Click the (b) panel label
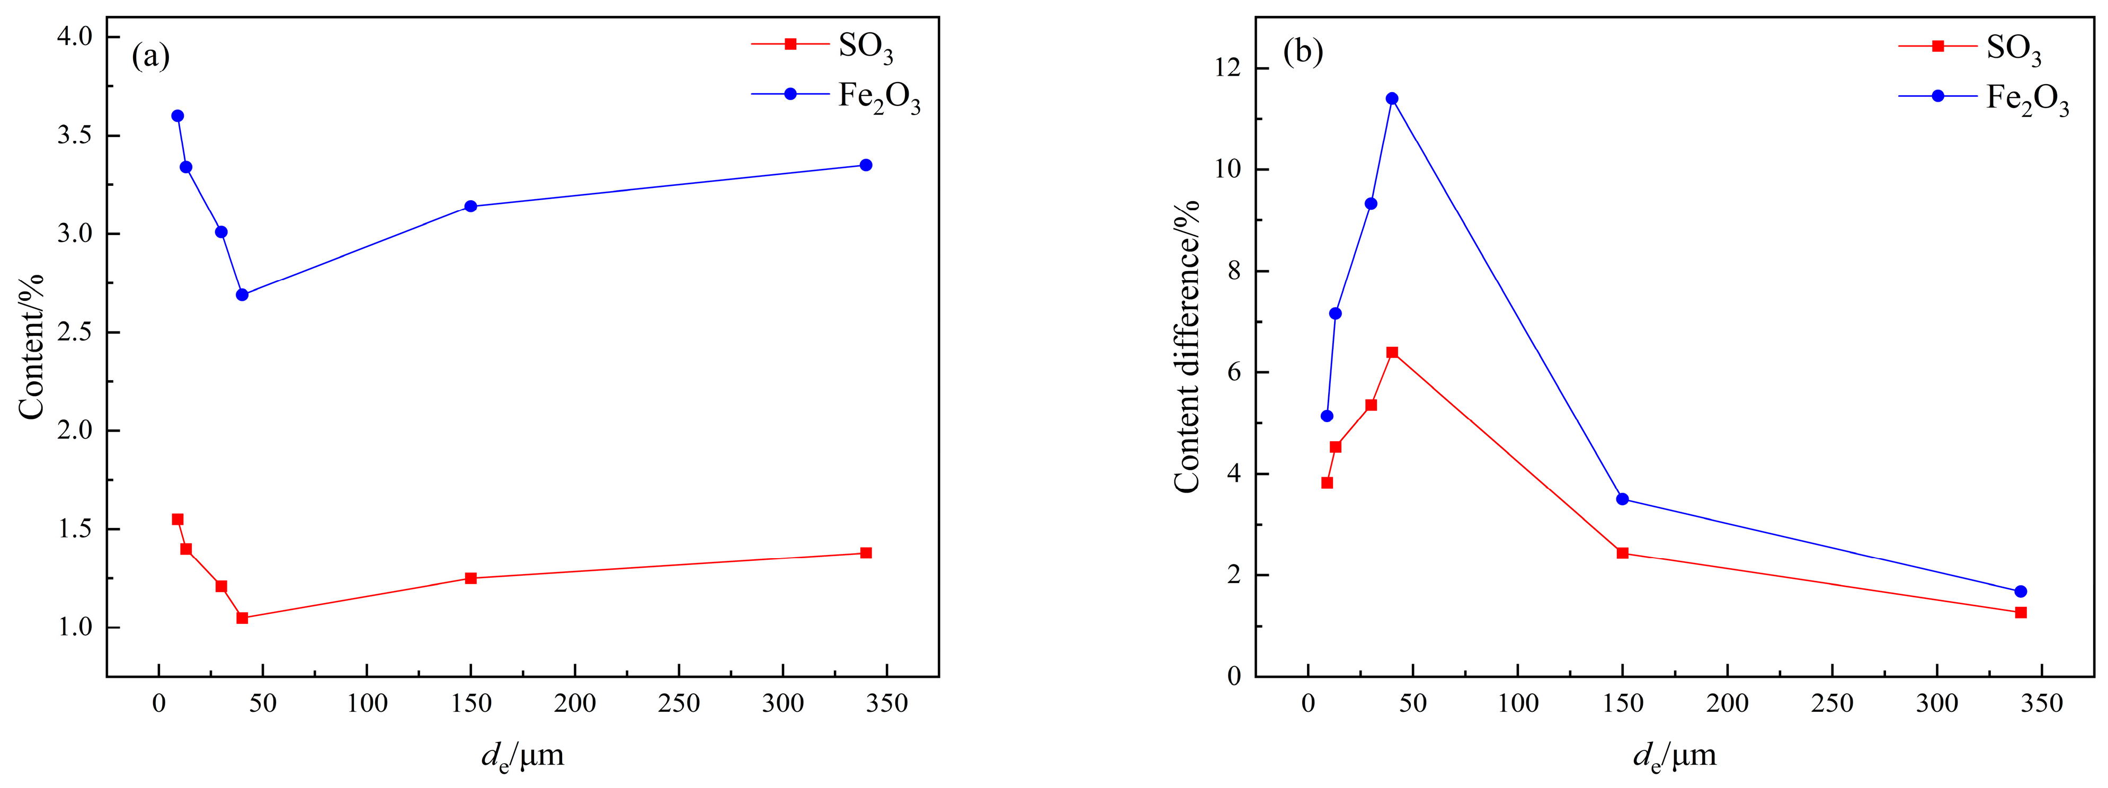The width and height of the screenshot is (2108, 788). point(1303,51)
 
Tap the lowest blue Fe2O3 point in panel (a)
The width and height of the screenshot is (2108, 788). point(242,294)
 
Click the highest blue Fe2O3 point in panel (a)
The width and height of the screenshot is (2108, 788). point(177,116)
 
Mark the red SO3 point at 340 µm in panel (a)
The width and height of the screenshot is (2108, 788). point(866,553)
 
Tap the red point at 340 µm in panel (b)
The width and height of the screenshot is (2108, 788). point(2021,612)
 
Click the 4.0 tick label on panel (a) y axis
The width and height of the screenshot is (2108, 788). point(75,37)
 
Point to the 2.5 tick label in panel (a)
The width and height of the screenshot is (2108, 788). point(75,332)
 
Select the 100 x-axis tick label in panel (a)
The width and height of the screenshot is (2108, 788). point(367,704)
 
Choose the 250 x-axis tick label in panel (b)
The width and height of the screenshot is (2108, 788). point(1831,704)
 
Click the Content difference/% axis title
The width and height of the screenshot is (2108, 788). point(1187,348)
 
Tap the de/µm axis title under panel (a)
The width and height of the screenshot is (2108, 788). point(522,755)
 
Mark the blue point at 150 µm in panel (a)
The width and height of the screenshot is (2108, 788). point(470,206)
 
